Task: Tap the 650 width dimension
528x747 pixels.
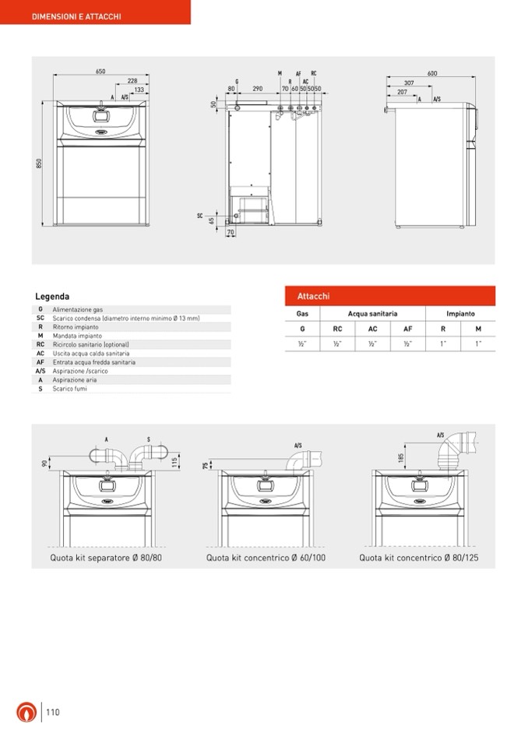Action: click(100, 72)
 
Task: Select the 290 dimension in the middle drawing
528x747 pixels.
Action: click(256, 90)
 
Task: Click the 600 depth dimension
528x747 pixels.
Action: click(432, 73)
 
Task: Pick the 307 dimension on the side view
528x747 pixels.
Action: click(409, 83)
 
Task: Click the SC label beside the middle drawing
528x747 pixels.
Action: click(200, 214)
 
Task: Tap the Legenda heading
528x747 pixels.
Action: click(52, 297)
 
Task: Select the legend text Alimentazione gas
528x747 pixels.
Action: click(78, 309)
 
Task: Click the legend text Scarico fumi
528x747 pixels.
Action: click(70, 388)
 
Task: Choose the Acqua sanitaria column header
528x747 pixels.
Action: click(372, 313)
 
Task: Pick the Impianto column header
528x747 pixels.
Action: click(460, 313)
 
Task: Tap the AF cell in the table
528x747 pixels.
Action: click(407, 329)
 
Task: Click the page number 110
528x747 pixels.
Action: click(52, 712)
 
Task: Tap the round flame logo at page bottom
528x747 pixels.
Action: click(26, 712)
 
